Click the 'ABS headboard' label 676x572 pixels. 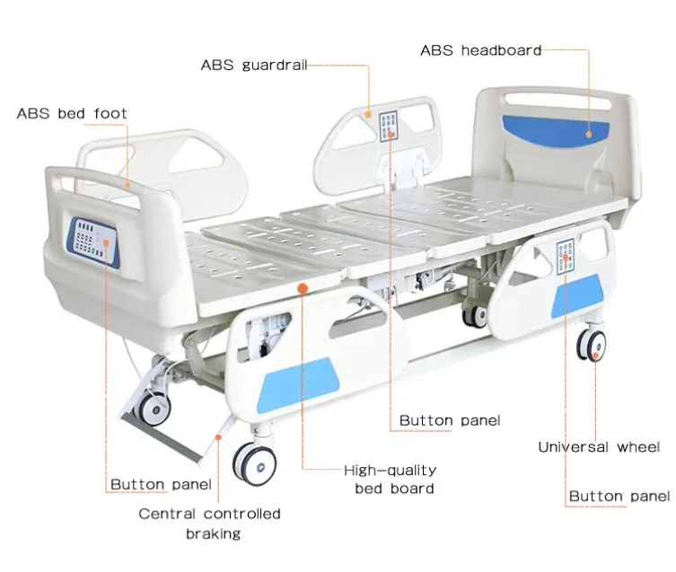pos(481,50)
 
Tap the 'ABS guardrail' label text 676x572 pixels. pos(253,66)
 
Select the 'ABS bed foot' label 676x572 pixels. pos(72,114)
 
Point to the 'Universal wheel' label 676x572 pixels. pos(599,446)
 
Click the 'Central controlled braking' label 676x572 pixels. pos(209,524)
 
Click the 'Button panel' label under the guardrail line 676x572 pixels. pos(450,420)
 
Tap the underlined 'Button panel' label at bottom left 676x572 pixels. pos(161,485)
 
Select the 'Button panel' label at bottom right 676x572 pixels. pos(619,496)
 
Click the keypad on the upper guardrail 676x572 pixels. pos(391,125)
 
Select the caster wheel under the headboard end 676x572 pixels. pos(591,346)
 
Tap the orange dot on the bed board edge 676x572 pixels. pos(303,287)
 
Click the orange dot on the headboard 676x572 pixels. pos(589,133)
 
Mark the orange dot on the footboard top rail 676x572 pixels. pos(128,185)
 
